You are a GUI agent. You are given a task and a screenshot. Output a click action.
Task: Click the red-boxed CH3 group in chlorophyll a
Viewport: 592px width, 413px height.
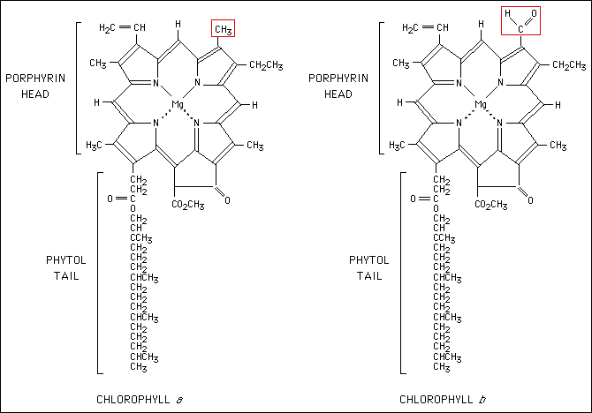(x=223, y=29)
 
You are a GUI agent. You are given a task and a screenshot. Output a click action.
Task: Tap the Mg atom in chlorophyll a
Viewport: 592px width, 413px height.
(x=177, y=104)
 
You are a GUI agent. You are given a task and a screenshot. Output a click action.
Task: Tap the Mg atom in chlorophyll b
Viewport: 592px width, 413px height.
(x=482, y=104)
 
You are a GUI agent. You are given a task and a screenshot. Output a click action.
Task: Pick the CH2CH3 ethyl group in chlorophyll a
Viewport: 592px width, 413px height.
(x=265, y=64)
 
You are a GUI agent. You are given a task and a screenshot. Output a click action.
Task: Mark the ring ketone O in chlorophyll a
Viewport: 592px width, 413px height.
(x=226, y=200)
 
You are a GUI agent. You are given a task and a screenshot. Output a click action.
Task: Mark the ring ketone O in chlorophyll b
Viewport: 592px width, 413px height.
(x=530, y=200)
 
